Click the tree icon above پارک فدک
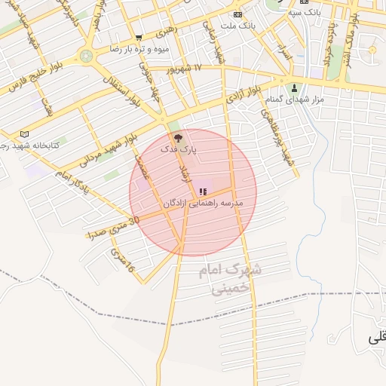pos(178,138)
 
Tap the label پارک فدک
pos(179,150)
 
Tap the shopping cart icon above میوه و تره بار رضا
pos(138,37)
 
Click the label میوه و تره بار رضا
pos(138,48)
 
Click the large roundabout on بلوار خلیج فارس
pos(87,55)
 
